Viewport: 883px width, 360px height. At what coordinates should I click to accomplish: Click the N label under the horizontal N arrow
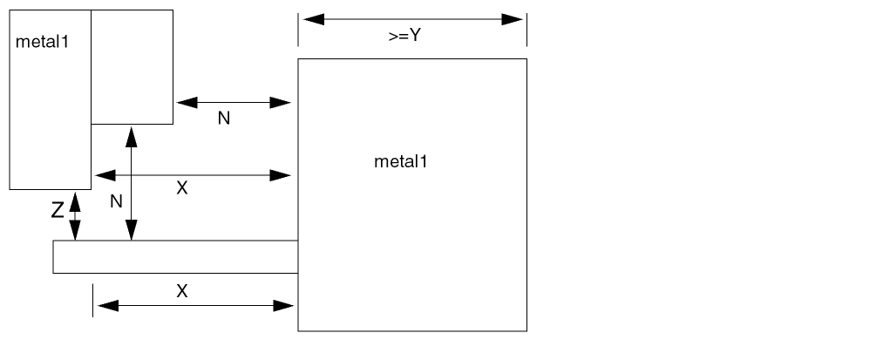(224, 119)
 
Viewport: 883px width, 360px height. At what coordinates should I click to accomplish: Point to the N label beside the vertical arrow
(116, 201)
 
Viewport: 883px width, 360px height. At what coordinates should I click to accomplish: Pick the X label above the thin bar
(181, 188)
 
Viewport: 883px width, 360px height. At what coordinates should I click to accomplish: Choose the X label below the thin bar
(181, 291)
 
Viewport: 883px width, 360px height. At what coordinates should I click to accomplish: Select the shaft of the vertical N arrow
(131, 183)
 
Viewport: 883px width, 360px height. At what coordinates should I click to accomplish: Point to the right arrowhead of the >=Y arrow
(512, 19)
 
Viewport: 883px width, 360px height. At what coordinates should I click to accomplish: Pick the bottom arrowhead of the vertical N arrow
(131, 231)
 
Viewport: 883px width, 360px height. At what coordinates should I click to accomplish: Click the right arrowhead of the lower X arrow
(282, 305)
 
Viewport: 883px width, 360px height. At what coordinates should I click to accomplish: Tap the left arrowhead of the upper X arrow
(105, 175)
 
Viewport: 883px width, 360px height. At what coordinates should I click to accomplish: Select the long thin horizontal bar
(174, 256)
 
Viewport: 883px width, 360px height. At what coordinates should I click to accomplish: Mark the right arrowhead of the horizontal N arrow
(280, 102)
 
